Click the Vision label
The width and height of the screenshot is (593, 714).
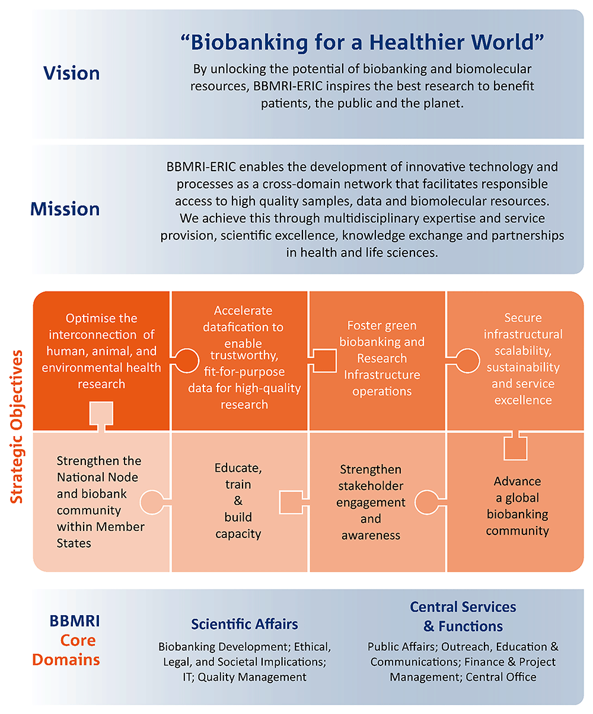coord(71,73)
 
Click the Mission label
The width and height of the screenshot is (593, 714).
coord(65,209)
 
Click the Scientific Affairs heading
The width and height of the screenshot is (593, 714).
coord(244,624)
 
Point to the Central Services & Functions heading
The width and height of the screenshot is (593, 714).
coord(463,616)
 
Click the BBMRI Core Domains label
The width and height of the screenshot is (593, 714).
coord(66,641)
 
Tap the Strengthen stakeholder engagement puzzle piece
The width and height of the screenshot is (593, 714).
coord(371,502)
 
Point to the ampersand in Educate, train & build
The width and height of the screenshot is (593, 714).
coord(238,501)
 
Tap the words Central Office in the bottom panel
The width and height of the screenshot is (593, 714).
coord(501,677)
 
